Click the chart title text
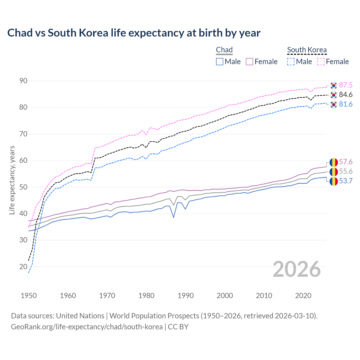coord(134,33)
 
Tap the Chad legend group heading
coord(224,50)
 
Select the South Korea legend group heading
coord(307,50)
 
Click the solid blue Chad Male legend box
coord(220,62)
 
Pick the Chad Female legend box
coord(249,62)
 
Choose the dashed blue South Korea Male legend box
coord(291,62)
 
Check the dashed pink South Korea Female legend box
coord(321,62)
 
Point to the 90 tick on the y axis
coord(23,81)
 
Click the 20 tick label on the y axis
coord(23,267)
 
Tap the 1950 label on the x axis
coord(29,296)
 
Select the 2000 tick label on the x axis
coord(225,296)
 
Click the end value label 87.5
coord(346,85)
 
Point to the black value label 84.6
coord(346,95)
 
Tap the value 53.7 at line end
coord(346,181)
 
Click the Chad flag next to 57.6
coord(334,162)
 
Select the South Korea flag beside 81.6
coord(334,105)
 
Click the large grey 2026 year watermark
coord(297,269)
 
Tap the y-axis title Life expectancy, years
coord(12,180)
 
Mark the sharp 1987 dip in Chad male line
coord(174,217)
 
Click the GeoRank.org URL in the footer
coord(87,327)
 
